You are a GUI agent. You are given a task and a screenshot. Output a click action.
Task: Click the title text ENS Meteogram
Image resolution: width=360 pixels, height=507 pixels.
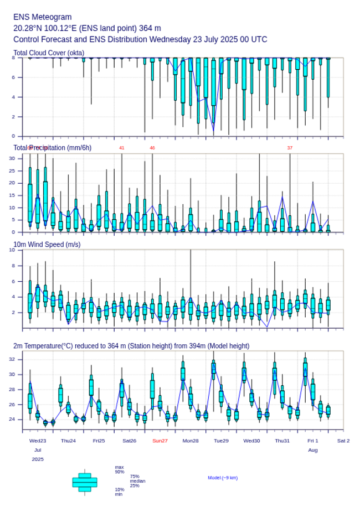42,17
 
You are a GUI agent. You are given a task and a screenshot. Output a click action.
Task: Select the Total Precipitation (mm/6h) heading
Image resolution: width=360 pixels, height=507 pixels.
53,148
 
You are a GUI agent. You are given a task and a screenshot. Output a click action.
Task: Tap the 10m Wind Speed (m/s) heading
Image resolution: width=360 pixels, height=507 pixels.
47,245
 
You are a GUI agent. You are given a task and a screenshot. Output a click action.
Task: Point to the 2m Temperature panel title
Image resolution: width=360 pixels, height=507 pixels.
131,346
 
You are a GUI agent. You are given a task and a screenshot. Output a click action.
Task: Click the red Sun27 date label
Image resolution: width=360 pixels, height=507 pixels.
160,441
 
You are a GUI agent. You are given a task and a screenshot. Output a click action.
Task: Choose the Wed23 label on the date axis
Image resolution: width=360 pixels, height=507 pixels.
38,441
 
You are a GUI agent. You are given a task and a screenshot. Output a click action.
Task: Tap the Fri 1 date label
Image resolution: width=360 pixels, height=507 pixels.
313,441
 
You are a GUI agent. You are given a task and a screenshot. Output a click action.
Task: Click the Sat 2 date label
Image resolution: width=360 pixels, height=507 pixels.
343,441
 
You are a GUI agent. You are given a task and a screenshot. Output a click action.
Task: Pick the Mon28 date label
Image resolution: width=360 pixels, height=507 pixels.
191,441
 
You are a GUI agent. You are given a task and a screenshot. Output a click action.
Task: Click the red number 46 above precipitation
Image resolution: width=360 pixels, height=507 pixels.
152,148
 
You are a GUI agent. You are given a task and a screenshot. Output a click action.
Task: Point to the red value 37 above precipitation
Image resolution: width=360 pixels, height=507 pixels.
290,148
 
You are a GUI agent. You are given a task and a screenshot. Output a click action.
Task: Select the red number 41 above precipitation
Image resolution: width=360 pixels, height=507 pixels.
122,148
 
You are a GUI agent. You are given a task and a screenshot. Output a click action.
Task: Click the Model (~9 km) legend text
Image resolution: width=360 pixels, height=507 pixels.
223,478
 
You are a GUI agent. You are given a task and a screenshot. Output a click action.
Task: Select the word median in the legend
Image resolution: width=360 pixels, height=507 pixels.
137,481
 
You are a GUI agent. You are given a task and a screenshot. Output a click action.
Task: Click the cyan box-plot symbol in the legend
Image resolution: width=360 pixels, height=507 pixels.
85,482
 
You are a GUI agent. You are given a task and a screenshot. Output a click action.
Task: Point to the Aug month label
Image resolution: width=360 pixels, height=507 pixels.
313,450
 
